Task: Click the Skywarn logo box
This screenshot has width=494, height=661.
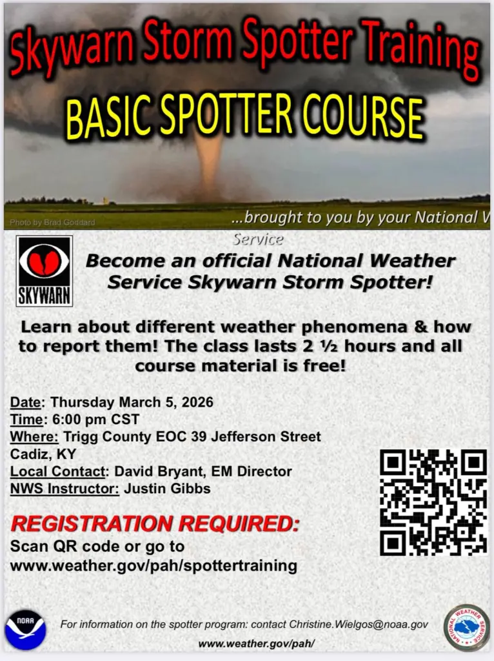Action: tap(44, 270)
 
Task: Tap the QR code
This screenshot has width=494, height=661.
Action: tap(433, 502)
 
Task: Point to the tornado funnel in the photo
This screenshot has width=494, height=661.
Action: tap(208, 161)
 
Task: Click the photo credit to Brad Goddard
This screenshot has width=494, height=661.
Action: tap(52, 223)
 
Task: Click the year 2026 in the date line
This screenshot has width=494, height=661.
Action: tap(197, 402)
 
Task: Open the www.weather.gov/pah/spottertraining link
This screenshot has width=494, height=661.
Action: tap(153, 566)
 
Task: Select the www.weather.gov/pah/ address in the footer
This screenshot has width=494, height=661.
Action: tap(256, 644)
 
